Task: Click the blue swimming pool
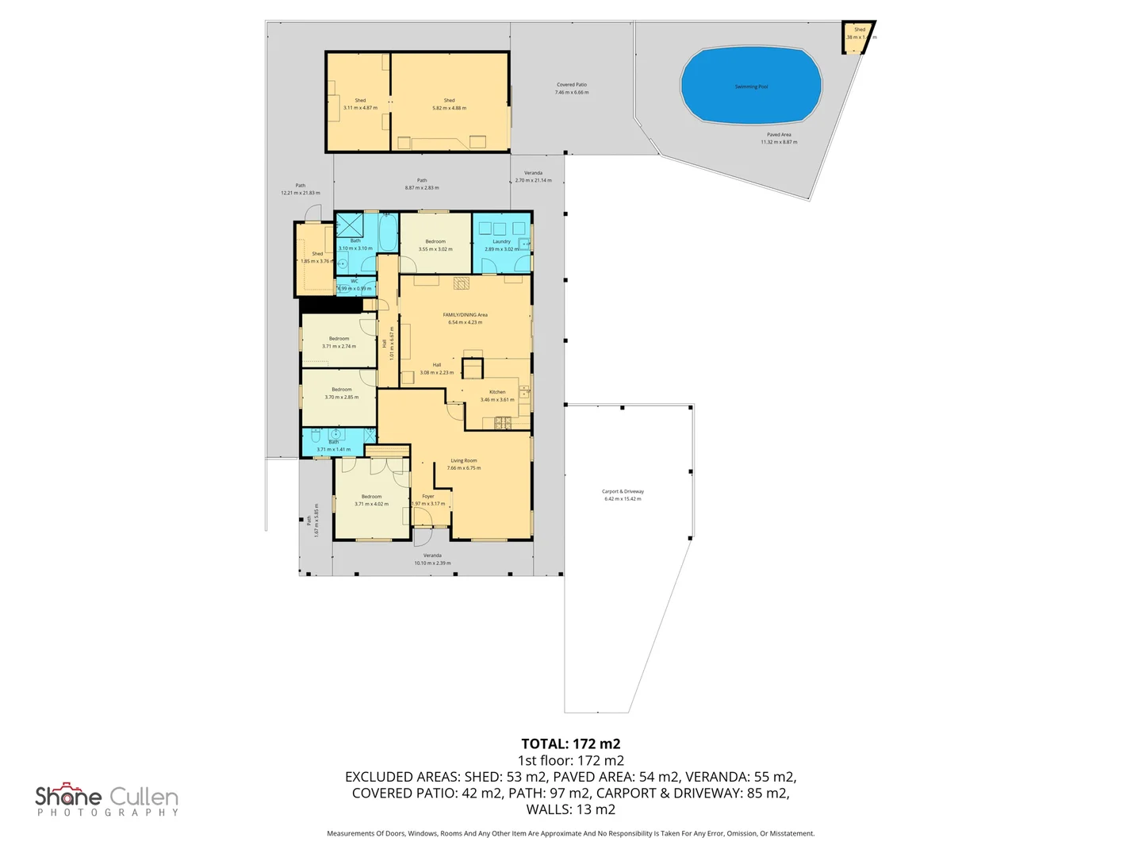[750, 86]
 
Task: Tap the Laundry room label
[501, 241]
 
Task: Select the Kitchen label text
[497, 392]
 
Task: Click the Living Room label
[464, 461]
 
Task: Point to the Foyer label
[428, 497]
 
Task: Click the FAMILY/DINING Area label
[465, 315]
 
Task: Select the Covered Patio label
[571, 85]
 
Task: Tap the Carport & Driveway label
[623, 492]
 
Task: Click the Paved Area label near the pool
[779, 135]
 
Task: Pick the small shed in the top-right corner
[856, 37]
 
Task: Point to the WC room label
[354, 282]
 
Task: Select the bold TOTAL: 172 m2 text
[570, 744]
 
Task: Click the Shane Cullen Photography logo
[107, 799]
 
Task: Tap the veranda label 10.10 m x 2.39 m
[432, 559]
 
